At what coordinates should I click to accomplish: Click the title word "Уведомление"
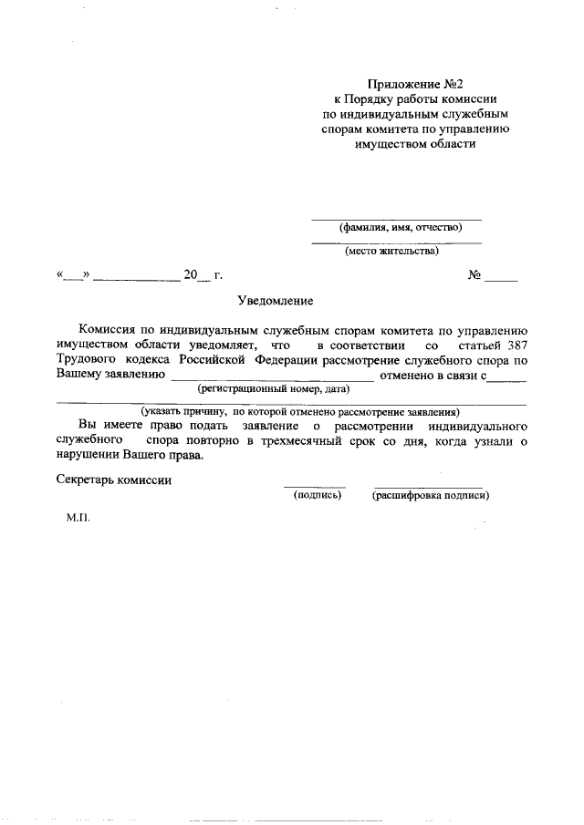[276, 300]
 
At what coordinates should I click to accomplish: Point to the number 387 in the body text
[510, 345]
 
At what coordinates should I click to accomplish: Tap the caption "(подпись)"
[317, 496]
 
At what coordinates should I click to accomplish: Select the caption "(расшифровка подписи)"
[431, 496]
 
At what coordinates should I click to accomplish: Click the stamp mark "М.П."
[79, 517]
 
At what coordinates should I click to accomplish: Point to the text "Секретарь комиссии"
[113, 479]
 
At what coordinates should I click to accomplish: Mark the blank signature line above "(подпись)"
[314, 487]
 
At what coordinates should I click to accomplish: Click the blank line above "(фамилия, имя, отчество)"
[396, 219]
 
